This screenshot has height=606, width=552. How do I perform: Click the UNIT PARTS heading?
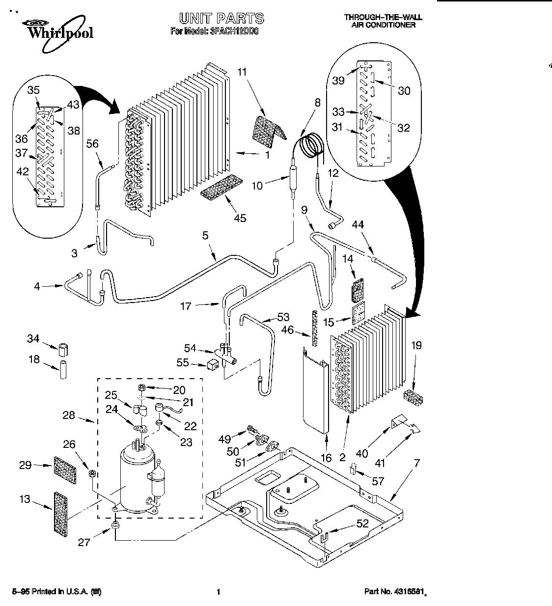click(221, 19)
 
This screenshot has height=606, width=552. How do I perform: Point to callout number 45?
click(240, 219)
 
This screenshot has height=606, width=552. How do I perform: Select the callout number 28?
click(69, 415)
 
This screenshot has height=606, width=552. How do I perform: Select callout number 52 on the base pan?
click(362, 523)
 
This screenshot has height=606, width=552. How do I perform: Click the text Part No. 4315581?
click(395, 592)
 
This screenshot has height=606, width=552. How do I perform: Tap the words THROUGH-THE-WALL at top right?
click(383, 17)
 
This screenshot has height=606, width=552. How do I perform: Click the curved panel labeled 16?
click(315, 388)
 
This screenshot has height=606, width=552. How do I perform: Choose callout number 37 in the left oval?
click(21, 153)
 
